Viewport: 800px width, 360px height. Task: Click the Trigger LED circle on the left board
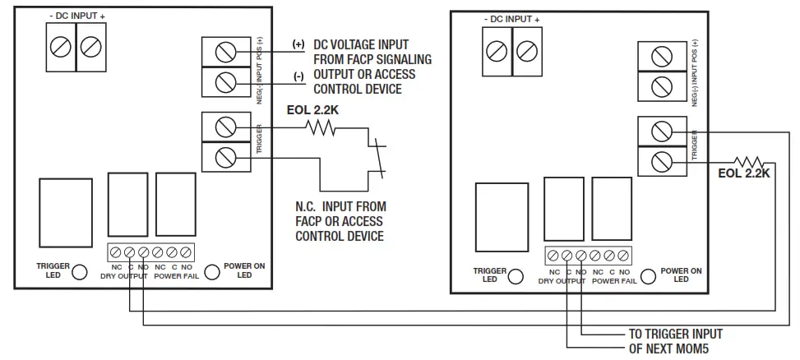point(80,272)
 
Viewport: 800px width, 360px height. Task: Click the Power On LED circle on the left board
point(211,272)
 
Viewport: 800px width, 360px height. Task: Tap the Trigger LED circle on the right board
point(516,276)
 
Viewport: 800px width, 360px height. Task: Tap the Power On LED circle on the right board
point(648,276)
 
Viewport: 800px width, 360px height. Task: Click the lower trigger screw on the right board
point(659,161)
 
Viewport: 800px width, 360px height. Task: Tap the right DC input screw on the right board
point(525,51)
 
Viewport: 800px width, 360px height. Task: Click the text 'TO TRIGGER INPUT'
point(675,334)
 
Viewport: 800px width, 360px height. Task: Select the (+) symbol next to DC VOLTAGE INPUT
point(298,44)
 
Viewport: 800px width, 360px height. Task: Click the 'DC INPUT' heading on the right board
point(511,19)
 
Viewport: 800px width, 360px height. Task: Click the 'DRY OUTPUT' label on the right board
point(563,280)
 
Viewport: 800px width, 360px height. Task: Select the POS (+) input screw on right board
point(659,56)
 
